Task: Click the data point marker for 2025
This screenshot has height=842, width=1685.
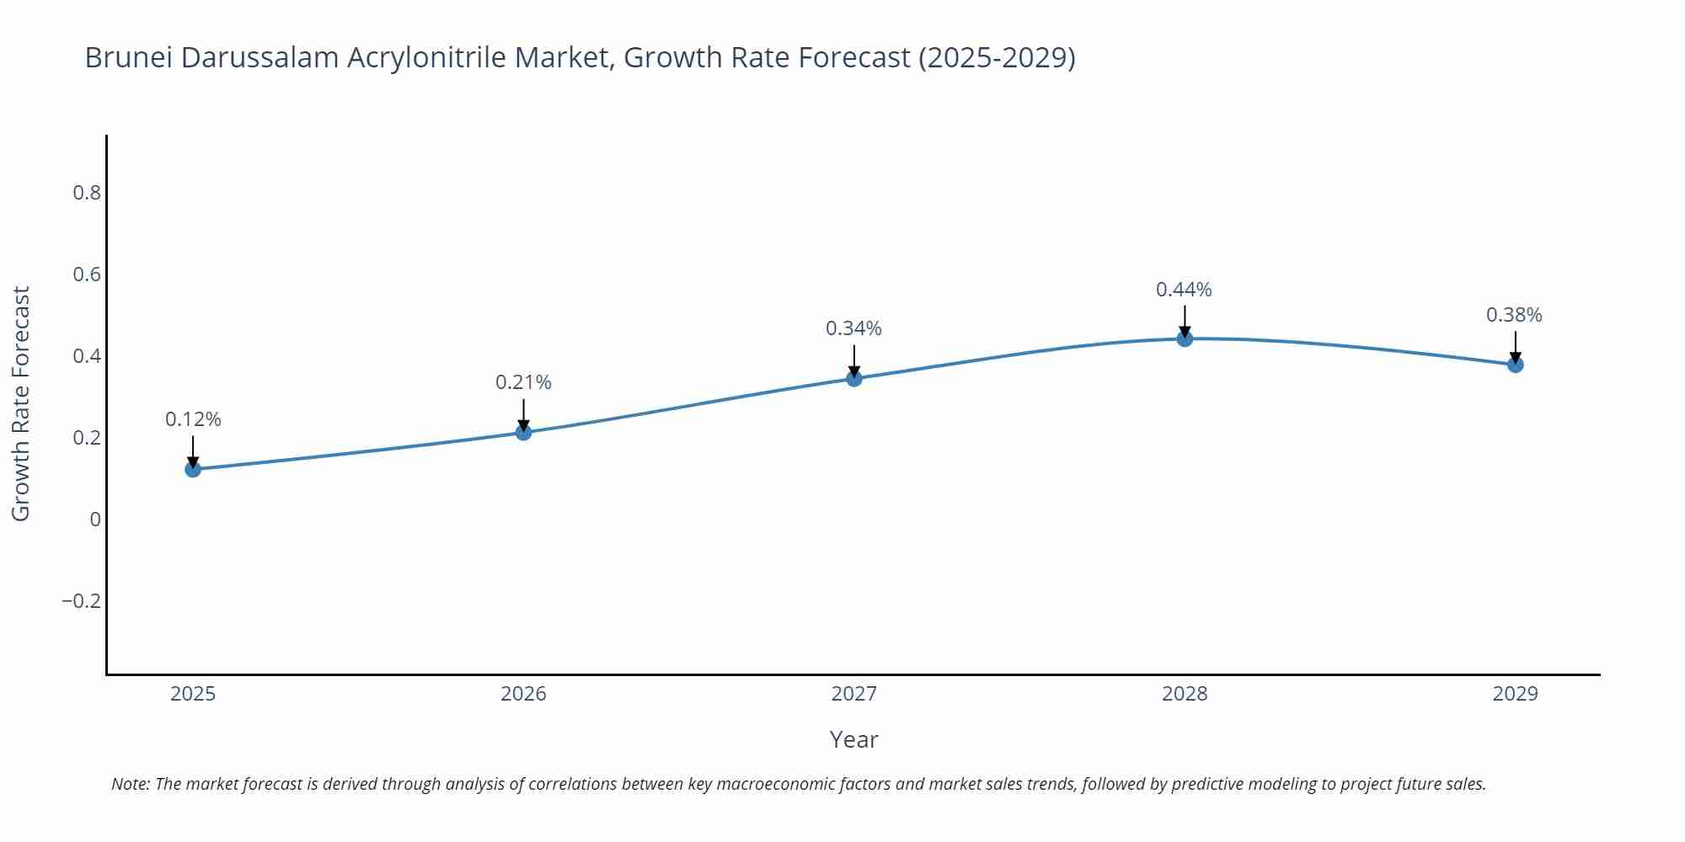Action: pos(193,469)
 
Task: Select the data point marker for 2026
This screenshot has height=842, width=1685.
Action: pos(523,432)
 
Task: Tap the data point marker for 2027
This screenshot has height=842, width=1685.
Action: pos(853,378)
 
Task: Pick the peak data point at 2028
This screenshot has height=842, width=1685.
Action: pos(1185,338)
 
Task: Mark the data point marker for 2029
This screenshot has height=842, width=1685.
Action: pos(1515,365)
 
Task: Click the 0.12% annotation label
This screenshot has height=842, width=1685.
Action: pos(193,419)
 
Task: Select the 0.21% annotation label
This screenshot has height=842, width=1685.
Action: pos(523,382)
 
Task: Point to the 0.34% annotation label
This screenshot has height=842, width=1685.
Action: pos(853,328)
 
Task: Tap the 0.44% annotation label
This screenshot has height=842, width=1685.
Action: pos(1184,290)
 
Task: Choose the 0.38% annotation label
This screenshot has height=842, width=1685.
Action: pos(1514,315)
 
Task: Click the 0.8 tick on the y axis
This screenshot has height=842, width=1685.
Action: pos(87,193)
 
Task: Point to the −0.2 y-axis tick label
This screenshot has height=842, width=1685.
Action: pos(81,601)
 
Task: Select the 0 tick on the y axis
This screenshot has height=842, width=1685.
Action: pos(95,520)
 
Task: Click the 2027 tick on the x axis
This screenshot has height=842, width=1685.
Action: pos(853,694)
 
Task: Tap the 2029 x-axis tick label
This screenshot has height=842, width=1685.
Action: pos(1515,694)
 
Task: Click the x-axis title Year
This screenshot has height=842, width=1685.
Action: pos(853,739)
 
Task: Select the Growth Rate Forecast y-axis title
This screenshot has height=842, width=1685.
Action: pos(21,403)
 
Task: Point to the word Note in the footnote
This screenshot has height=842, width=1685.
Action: pos(130,784)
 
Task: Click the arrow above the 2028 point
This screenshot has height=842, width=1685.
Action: pos(1185,320)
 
